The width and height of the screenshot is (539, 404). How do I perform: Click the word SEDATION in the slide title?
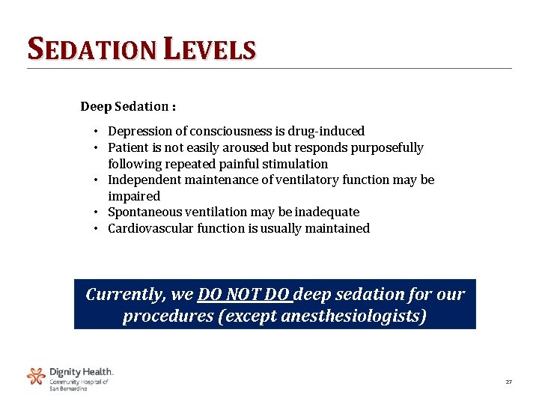(91, 49)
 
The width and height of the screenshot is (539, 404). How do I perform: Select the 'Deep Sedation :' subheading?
(128, 107)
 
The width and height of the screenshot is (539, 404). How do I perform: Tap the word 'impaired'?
(134, 197)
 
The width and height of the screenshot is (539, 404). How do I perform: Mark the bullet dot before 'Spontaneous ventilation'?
(98, 212)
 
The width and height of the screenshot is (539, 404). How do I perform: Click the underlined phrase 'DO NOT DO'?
(243, 295)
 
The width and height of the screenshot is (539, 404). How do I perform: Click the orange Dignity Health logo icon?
(36, 376)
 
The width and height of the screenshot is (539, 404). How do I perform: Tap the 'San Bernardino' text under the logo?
(69, 389)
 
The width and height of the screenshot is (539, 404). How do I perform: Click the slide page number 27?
(508, 382)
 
